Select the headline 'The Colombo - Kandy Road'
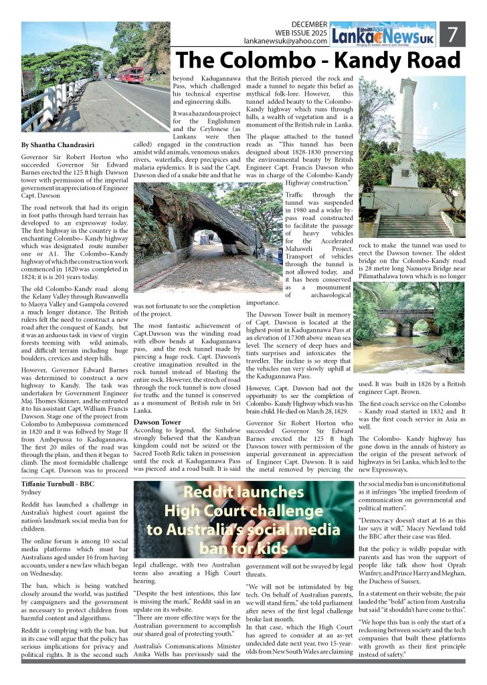click(318, 62)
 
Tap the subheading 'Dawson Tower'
click(157, 422)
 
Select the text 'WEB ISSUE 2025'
click(301, 33)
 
